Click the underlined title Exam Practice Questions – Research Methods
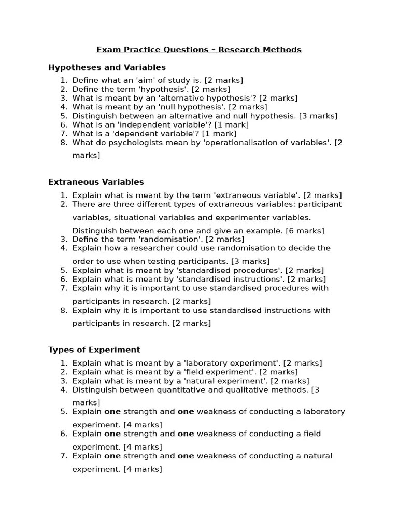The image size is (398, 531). pyautogui.click(x=199, y=50)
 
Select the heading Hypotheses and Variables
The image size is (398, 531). pyautogui.click(x=107, y=67)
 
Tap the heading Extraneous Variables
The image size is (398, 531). pyautogui.click(x=96, y=182)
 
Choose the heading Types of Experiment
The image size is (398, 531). pyautogui.click(x=94, y=350)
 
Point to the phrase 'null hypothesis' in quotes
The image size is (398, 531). pyautogui.click(x=194, y=107)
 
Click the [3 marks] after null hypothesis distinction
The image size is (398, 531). pyautogui.click(x=318, y=116)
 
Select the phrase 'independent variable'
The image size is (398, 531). pyautogui.click(x=166, y=124)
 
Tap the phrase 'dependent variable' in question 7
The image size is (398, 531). pyautogui.click(x=159, y=133)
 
